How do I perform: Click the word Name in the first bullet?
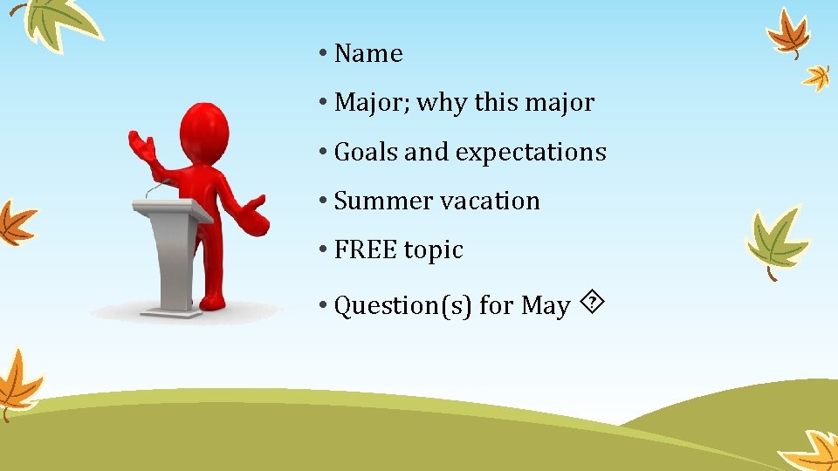(x=368, y=54)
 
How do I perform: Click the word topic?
(x=433, y=250)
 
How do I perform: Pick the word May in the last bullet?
(x=546, y=306)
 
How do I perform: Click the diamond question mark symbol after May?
(x=594, y=304)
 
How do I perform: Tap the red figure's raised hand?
(x=141, y=145)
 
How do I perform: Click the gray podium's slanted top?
(x=172, y=210)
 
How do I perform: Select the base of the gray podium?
(x=171, y=311)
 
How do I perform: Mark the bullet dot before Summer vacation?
(x=322, y=201)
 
